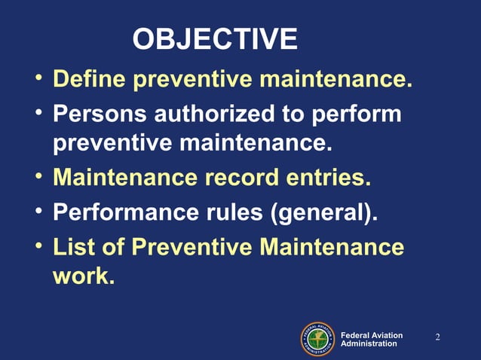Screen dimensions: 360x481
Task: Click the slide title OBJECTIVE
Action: (215, 39)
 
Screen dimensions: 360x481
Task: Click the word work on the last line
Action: (84, 276)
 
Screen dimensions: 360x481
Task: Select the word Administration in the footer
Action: (369, 343)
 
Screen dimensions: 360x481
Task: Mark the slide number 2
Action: (437, 336)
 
